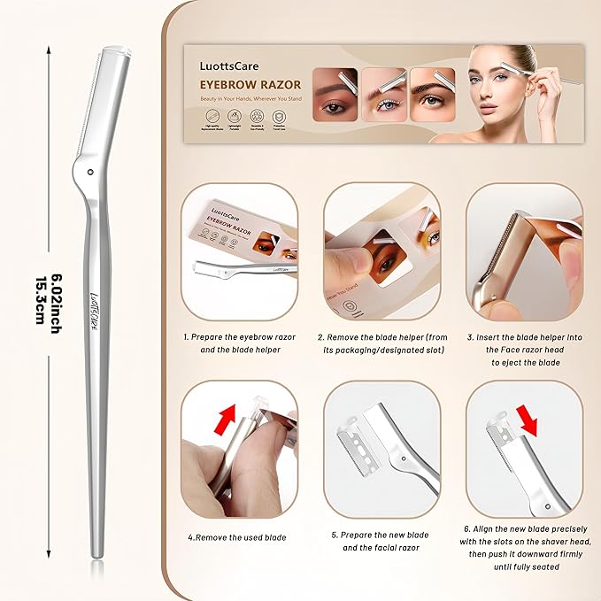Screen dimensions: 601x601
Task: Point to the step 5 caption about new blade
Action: click(381, 542)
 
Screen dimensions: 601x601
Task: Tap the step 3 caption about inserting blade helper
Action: click(524, 350)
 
